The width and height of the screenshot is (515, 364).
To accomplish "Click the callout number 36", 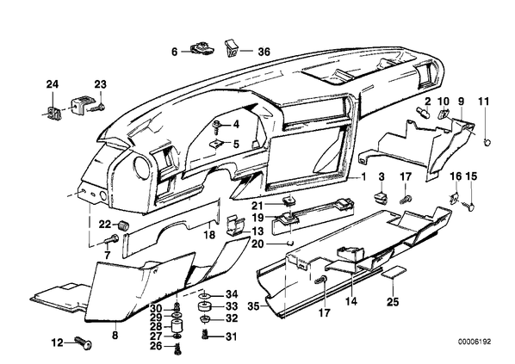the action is click(x=264, y=52).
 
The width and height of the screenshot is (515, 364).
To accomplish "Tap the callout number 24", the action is click(x=53, y=84).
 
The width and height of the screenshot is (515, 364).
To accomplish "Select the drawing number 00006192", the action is click(x=475, y=342).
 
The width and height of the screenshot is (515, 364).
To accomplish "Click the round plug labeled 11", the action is click(x=487, y=142).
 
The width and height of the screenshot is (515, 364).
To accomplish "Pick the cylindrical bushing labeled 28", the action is click(x=177, y=327).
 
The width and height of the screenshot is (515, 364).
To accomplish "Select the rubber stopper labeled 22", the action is click(x=123, y=225).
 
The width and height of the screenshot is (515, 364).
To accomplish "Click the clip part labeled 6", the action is click(x=202, y=48).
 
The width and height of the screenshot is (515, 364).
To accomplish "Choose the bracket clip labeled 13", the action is click(x=236, y=225).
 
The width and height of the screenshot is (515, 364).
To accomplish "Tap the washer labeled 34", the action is click(x=206, y=295).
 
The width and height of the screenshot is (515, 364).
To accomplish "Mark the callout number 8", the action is click(x=115, y=335).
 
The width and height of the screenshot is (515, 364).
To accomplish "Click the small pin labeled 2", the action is click(x=423, y=113).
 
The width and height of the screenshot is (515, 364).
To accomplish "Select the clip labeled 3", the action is click(x=381, y=196).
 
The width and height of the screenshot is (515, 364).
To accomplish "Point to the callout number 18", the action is click(x=209, y=234).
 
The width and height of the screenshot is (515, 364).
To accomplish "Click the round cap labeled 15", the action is click(x=471, y=207).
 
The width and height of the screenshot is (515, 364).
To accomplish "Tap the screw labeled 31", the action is click(x=205, y=335).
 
